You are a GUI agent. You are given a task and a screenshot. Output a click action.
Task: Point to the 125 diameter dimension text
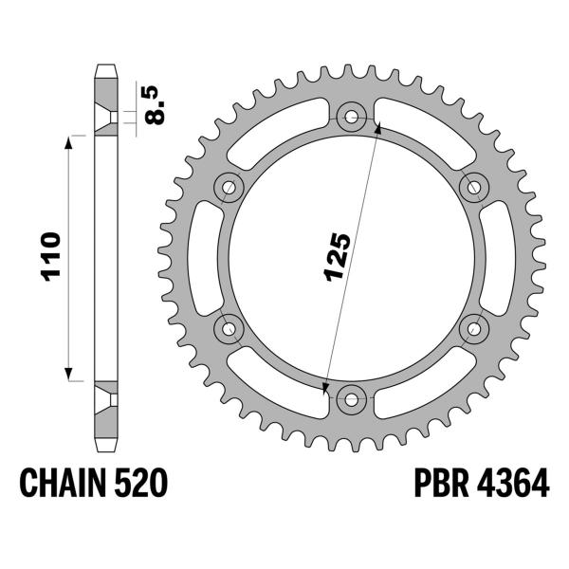coord(339,256)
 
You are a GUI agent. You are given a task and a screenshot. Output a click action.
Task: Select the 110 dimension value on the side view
coord(51,256)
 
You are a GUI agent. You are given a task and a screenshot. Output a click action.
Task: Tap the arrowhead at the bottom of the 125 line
coord(326,387)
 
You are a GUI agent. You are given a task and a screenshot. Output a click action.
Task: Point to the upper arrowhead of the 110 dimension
coord(69,140)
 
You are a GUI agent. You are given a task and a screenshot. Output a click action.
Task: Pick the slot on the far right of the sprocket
coord(500,258)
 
